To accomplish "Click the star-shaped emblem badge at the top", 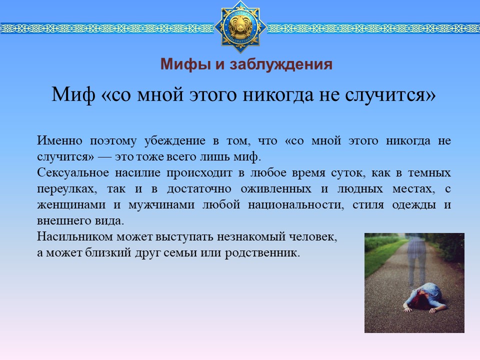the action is pyautogui.click(x=240, y=27).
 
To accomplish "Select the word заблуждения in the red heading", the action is pyautogui.click(x=280, y=65).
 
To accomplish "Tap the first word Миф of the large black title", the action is pyautogui.click(x=73, y=94).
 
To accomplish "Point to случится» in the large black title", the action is pyautogui.click(x=390, y=94).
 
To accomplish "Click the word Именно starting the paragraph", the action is pyautogui.click(x=59, y=140).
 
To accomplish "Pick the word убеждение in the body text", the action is pyautogui.click(x=175, y=141).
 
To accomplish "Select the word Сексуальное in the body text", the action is pyautogui.click(x=73, y=172).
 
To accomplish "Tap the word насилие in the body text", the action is pyautogui.click(x=138, y=172).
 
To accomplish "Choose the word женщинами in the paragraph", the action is pyautogui.click(x=71, y=205).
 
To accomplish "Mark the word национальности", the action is pyautogui.click(x=295, y=205).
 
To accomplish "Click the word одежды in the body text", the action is pyautogui.click(x=414, y=205).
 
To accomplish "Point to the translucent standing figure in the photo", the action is pyautogui.click(x=417, y=260).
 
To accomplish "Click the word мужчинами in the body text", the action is pyautogui.click(x=161, y=205).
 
